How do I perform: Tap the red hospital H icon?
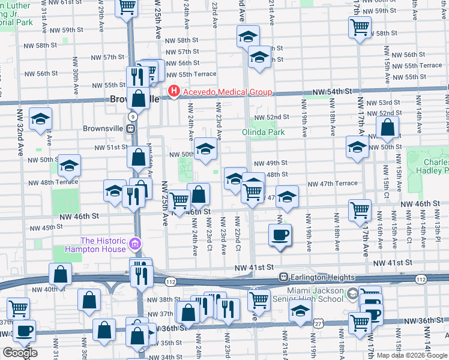tap(174, 92)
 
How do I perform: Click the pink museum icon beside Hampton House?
tap(136, 245)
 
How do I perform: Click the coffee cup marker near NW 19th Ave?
tap(280, 234)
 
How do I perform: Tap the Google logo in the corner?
tap(19, 353)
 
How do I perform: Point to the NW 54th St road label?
tap(331, 91)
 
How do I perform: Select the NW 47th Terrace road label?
tap(333, 184)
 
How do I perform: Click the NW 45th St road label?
tap(46, 227)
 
